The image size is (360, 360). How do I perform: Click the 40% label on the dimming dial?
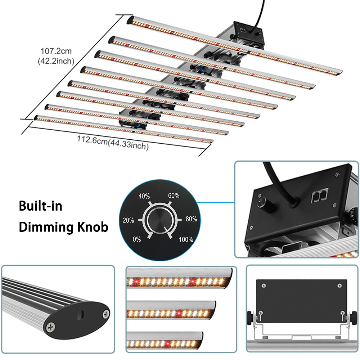point(144,196)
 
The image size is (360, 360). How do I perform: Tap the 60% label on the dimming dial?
point(174,195)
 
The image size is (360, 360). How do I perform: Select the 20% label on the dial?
point(128,220)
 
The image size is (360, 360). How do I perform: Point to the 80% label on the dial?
point(191,219)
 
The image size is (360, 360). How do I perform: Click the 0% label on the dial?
point(136,239)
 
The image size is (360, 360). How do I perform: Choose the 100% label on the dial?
point(186,240)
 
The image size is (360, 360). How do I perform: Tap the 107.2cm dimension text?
point(56,51)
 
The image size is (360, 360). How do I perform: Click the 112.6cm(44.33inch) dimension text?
point(113,143)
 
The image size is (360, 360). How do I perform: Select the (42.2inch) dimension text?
point(56,61)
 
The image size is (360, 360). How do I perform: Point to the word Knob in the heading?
point(93,227)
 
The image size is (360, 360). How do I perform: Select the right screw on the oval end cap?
point(106,314)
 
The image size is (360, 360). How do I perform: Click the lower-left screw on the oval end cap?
point(50,327)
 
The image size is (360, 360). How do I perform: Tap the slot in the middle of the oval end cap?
point(81,315)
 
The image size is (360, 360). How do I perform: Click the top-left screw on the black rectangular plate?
point(264,285)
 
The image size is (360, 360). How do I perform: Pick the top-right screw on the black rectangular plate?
point(339,285)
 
